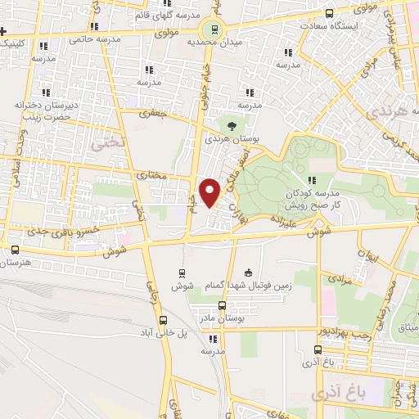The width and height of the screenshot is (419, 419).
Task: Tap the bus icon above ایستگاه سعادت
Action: coord(330,13)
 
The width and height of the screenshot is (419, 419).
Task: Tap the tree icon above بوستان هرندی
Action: coord(232,126)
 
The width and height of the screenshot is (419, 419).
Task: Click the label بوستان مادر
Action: coord(223,317)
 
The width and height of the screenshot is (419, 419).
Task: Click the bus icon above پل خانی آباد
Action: coord(163,321)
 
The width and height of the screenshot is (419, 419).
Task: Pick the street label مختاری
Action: coord(150,174)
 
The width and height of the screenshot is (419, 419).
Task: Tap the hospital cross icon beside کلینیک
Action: coord(5,42)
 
